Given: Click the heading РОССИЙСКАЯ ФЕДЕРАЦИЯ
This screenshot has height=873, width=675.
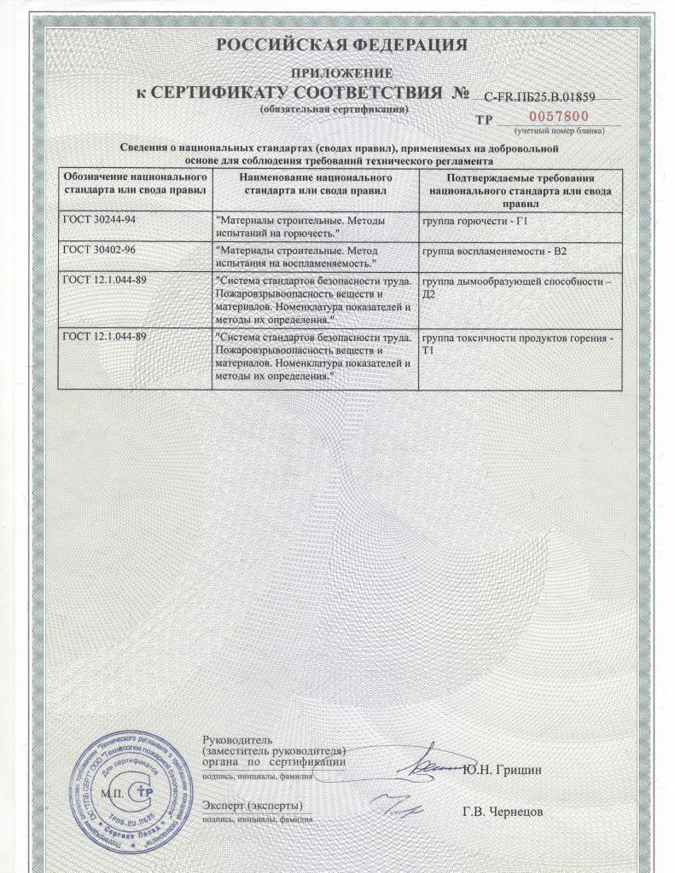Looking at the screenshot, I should tap(340, 45).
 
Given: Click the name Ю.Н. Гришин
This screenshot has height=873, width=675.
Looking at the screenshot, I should tap(503, 772).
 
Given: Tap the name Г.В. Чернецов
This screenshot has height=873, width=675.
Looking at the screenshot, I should tap(503, 812).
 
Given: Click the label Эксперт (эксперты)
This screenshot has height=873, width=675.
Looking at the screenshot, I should tap(253, 805).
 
